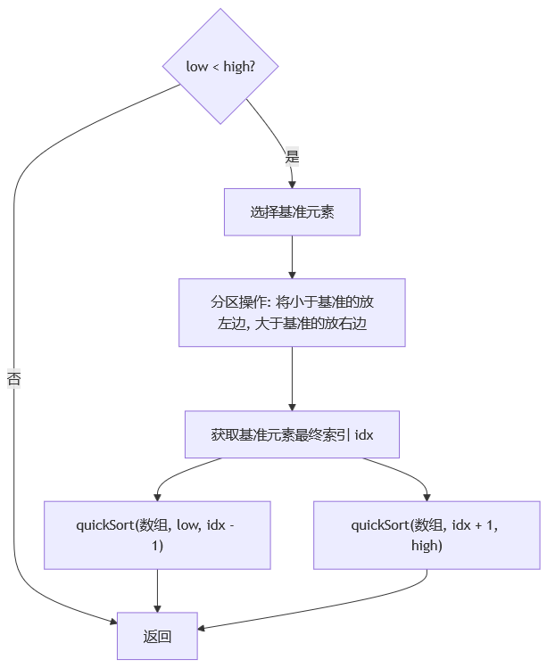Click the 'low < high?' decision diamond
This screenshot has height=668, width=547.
(x=220, y=66)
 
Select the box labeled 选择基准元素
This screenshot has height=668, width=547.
(x=292, y=212)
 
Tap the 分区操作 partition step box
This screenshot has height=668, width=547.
(x=292, y=313)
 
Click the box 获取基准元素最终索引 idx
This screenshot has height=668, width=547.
(x=292, y=434)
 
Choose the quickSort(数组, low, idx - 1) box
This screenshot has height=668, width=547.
(x=157, y=535)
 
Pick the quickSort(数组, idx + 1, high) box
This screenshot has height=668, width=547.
(x=427, y=535)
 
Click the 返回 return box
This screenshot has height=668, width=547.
(x=157, y=636)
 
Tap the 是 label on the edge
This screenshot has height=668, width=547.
(x=292, y=156)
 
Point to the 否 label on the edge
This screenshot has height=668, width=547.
(x=13, y=378)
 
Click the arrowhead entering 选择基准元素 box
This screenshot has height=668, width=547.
(x=292, y=185)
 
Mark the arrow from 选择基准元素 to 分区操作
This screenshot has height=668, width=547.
(x=292, y=257)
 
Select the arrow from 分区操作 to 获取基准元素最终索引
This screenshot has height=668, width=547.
(x=292, y=379)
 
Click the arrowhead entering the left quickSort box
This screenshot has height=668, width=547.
(x=157, y=497)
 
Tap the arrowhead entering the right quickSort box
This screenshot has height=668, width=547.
(x=427, y=497)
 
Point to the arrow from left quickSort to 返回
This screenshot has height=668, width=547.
(x=157, y=590)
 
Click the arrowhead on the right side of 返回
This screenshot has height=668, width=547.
(x=202, y=628)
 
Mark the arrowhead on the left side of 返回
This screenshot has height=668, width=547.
(x=113, y=623)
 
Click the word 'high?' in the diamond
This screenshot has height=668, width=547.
(x=239, y=67)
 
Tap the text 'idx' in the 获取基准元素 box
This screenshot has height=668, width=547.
(x=364, y=435)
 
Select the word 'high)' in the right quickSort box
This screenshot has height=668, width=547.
(x=427, y=545)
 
